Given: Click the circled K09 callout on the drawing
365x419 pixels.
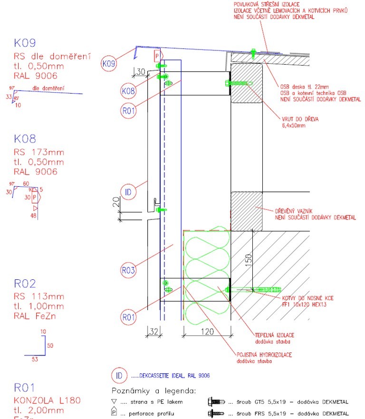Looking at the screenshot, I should [x=109, y=63].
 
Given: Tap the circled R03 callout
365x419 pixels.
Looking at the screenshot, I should [x=128, y=271].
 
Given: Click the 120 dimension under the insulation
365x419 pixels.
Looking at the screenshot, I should [x=207, y=332].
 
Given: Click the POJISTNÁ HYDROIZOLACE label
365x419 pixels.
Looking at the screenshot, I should [x=264, y=355].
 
